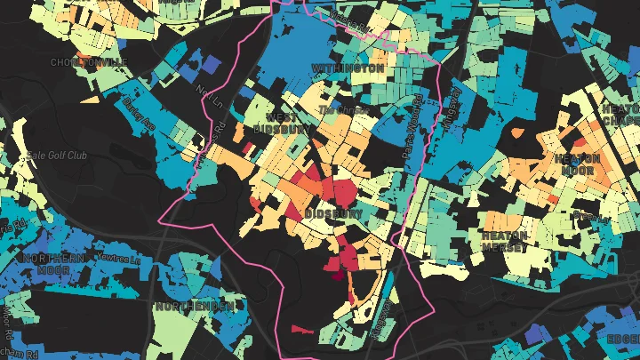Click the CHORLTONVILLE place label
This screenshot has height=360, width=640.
coord(90,61)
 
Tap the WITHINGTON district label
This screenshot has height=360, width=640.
coord(348,68)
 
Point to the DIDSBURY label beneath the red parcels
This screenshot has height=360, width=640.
coord(332,214)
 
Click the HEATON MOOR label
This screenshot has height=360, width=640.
coord(577,164)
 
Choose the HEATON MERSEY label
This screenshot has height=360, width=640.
coord(505,242)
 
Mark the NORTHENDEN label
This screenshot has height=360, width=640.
coord(194,306)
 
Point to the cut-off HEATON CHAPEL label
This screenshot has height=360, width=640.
coord(621,115)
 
